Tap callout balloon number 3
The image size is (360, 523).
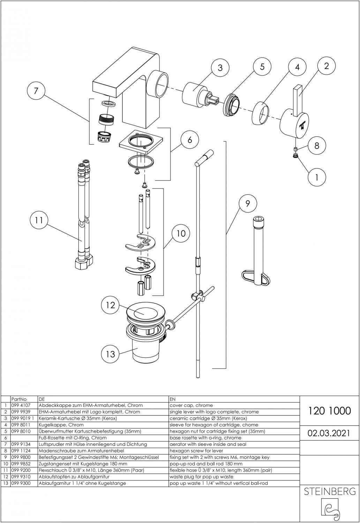pos(220,67)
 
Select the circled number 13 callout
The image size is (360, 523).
pos(110,354)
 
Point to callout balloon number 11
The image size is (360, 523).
pos(39,220)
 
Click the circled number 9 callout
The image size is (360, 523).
pos(248,203)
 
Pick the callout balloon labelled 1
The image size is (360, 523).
pos(316,177)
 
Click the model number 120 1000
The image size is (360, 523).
pos(329,411)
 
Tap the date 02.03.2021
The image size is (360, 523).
pos(329,433)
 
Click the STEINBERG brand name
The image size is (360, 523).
pos(330,492)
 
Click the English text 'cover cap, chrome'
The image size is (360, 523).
pos(191,405)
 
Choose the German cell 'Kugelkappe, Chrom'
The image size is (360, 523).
pos(61,425)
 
